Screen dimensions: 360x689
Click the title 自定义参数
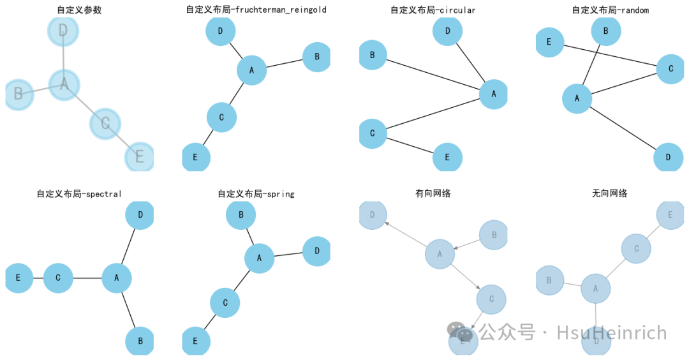point(79,10)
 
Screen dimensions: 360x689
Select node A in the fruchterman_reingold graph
point(251,70)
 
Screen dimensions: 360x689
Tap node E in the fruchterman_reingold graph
point(196,157)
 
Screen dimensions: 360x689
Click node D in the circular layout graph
point(447,31)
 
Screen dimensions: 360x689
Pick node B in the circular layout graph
point(373,56)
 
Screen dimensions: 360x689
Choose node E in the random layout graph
point(549,43)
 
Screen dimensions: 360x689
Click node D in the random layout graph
point(668,157)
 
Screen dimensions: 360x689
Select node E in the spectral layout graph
point(19,278)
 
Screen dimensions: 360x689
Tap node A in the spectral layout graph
point(117,278)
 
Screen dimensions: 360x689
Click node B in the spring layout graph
point(241,215)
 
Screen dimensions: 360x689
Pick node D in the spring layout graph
point(316,251)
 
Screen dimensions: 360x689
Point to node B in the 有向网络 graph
point(493,235)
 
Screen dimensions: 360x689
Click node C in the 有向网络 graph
point(491,299)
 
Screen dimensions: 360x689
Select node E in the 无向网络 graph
point(669,215)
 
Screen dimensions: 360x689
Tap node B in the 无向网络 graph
point(549,280)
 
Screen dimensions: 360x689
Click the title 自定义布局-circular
point(433,10)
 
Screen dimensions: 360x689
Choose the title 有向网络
point(433,193)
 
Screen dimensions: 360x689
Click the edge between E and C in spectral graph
point(38,278)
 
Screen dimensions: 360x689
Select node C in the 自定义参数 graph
point(105,123)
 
